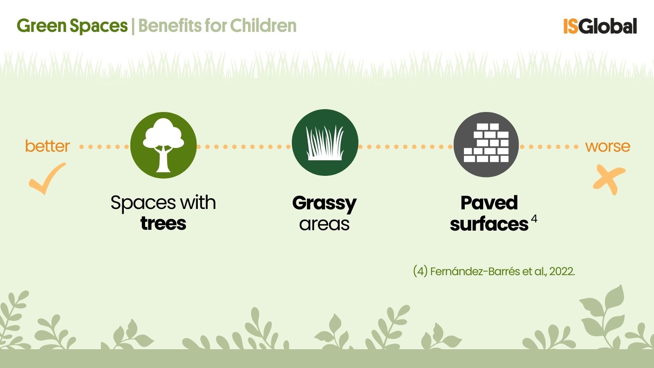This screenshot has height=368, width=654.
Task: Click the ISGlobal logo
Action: tap(600, 26)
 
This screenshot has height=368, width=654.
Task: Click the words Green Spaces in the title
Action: tap(72, 26)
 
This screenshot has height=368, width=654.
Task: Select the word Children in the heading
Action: tap(263, 26)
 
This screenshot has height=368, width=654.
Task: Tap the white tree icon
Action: tap(163, 145)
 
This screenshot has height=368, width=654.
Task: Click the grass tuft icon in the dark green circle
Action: tap(325, 143)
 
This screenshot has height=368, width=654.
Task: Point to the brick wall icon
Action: tap(486, 143)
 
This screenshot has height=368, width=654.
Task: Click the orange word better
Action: tap(47, 146)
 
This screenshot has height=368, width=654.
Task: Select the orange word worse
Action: tap(607, 146)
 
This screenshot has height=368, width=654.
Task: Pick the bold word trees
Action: tap(163, 224)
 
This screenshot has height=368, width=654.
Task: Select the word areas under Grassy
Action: tap(325, 224)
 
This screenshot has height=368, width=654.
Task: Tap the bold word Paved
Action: tap(489, 203)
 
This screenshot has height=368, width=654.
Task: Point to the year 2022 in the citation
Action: tap(562, 272)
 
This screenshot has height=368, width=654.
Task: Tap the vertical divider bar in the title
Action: tap(133, 26)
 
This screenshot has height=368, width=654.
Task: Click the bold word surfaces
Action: tap(489, 224)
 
